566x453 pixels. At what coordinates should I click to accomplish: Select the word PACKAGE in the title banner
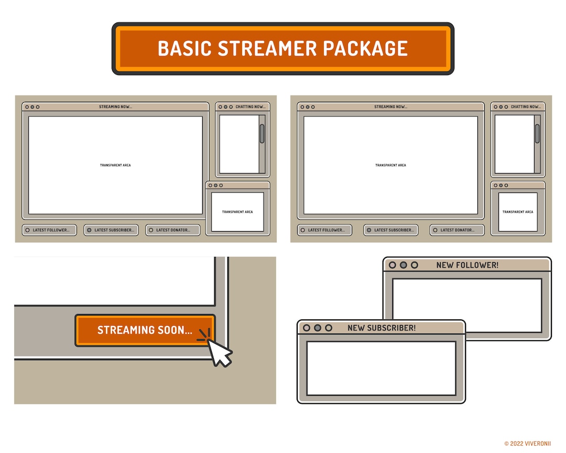[365, 48]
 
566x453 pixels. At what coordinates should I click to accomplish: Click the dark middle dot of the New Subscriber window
[318, 328]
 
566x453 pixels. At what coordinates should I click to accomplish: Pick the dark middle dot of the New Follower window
[404, 265]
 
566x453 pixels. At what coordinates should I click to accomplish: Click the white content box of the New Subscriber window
[381, 369]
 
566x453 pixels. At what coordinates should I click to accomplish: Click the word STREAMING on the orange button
[126, 330]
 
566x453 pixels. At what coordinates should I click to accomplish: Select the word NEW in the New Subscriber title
[356, 328]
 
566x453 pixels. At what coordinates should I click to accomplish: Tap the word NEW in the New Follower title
[445, 265]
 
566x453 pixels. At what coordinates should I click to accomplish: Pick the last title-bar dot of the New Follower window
[415, 265]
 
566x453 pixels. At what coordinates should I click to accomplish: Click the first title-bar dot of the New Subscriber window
[307, 328]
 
